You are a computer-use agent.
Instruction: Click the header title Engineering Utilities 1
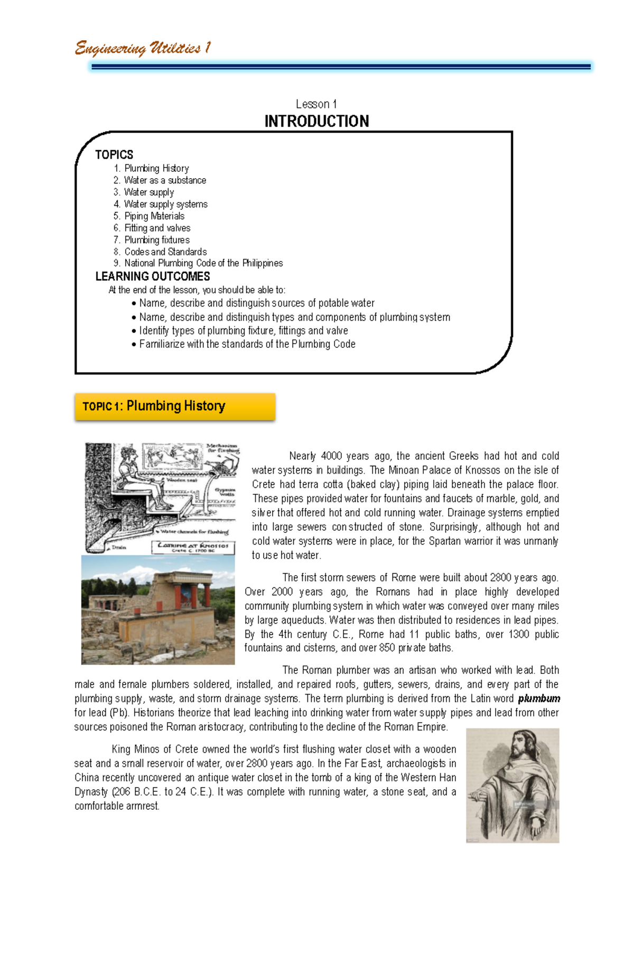[x=143, y=48]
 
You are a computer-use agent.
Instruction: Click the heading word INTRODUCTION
[x=316, y=122]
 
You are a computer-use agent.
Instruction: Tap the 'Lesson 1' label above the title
[x=316, y=104]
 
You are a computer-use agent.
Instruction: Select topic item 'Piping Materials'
[x=154, y=216]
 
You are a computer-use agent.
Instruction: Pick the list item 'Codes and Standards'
[x=165, y=252]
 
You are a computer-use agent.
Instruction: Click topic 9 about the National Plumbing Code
[x=203, y=263]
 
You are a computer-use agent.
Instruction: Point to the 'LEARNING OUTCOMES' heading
[x=152, y=276]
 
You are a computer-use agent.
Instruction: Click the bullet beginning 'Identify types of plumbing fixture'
[x=243, y=331]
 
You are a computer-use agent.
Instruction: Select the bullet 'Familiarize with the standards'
[x=247, y=344]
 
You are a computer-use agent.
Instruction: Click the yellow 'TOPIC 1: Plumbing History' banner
[x=175, y=406]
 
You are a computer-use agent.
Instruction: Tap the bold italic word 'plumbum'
[x=538, y=698]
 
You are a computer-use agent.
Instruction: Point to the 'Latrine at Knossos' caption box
[x=193, y=547]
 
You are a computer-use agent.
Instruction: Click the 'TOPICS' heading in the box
[x=114, y=155]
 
